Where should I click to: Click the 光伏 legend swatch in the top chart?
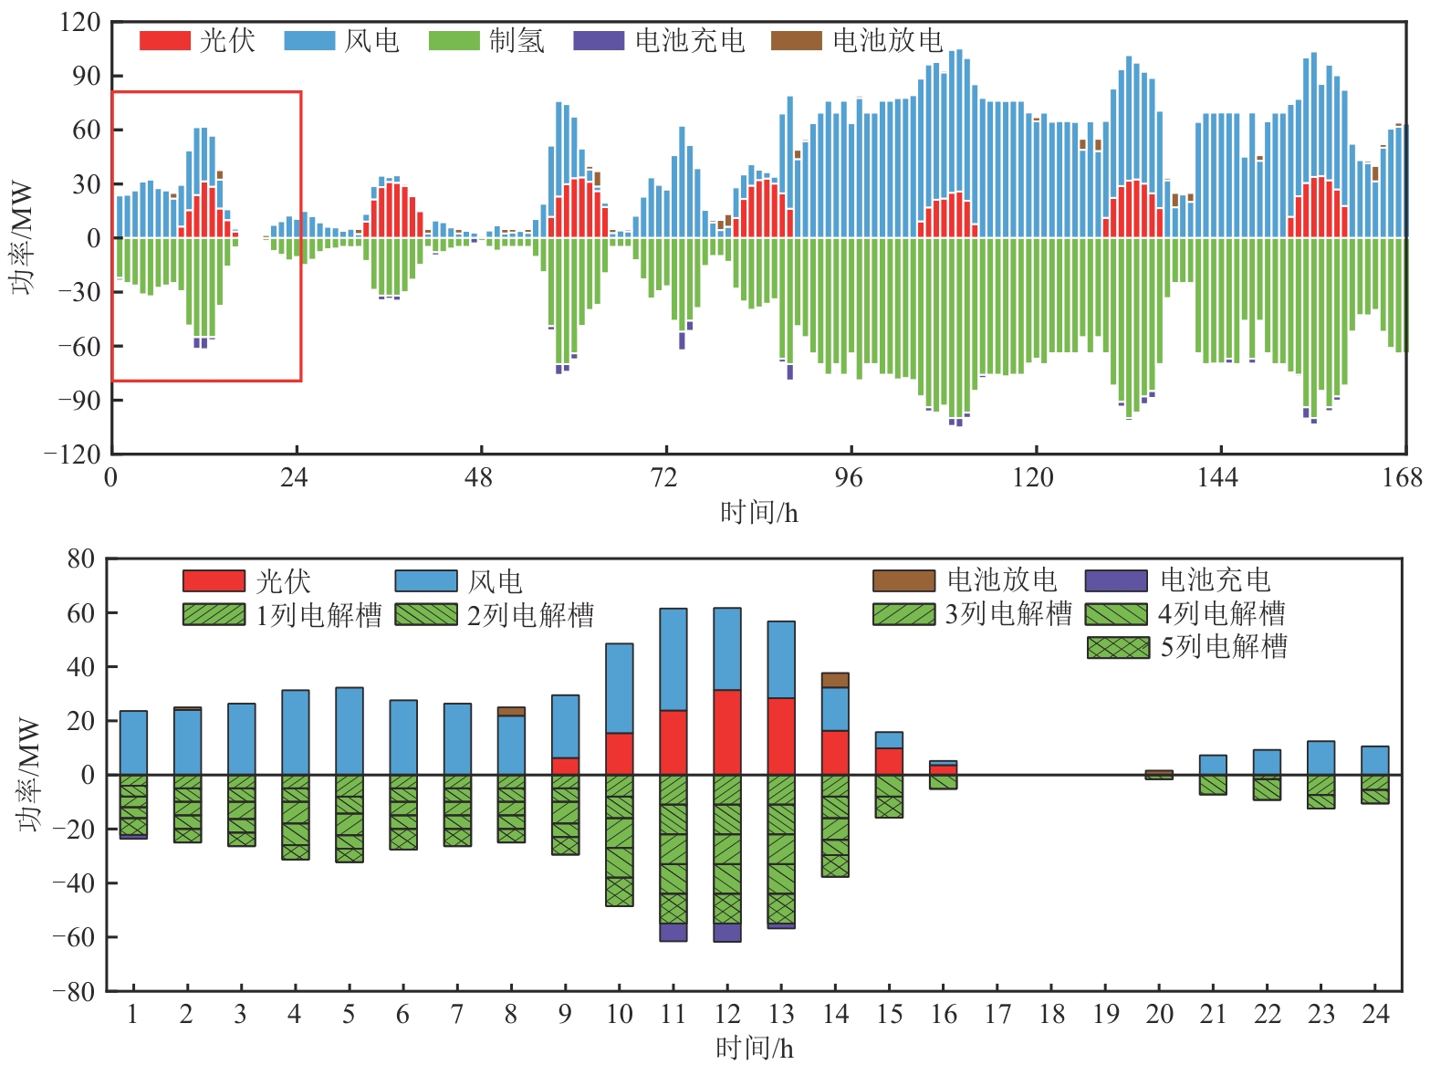point(164,41)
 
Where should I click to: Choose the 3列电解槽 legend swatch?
point(903,614)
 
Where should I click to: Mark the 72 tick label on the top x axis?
point(664,477)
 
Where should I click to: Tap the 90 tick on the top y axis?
point(86,76)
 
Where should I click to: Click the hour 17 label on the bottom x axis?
point(997,1015)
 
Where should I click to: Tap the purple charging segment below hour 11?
point(673,932)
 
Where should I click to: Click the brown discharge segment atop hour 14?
point(835,680)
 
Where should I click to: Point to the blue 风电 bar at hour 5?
point(349,730)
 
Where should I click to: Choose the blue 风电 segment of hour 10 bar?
point(619,688)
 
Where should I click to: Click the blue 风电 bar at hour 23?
point(1320,757)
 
